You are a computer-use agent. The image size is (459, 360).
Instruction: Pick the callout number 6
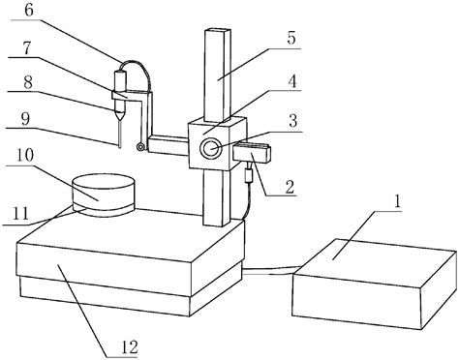coord(28,10)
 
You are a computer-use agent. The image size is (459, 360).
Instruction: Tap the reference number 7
coord(28,48)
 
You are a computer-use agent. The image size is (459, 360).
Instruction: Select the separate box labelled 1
coord(373,285)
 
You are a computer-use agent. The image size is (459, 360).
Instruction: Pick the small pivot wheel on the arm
coord(142,146)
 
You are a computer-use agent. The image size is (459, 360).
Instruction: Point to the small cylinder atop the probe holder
coord(122,78)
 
